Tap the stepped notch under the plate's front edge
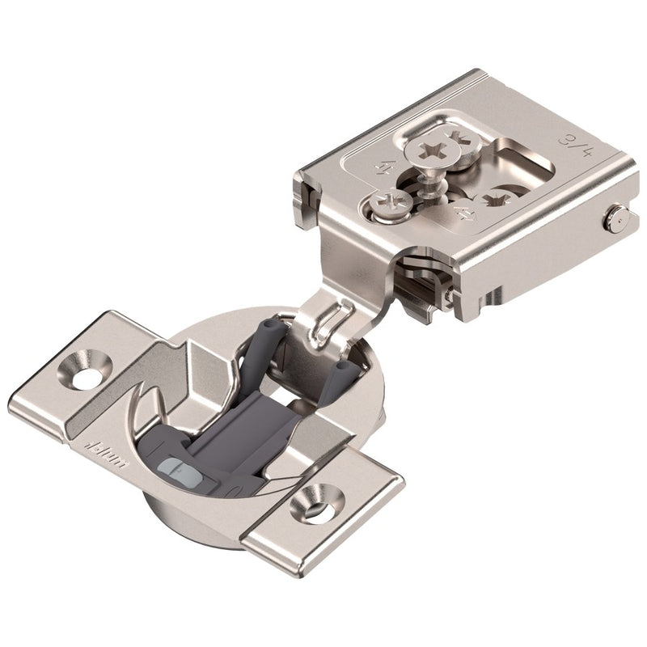(x=421, y=271)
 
